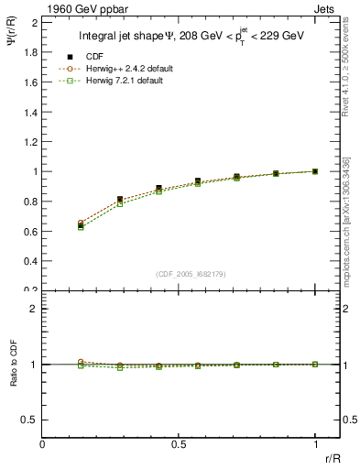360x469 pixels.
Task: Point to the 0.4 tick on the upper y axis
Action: point(29,261)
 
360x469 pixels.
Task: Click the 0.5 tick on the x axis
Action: point(179,444)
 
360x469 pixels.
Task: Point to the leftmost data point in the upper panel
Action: point(81,224)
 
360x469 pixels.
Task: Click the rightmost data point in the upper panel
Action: point(315,171)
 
